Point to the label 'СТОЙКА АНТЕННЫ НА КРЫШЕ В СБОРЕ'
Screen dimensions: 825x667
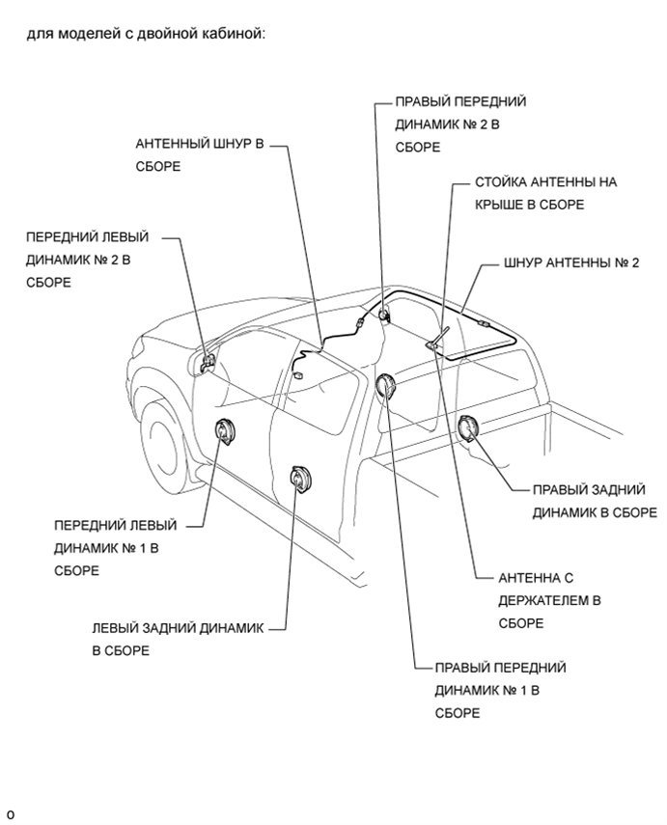click(x=545, y=193)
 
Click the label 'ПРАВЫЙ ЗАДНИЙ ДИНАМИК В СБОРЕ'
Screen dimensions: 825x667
click(x=588, y=501)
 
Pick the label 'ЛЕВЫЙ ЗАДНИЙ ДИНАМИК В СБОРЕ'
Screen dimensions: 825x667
click(x=178, y=639)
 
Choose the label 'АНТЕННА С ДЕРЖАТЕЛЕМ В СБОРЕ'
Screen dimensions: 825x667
click(x=550, y=600)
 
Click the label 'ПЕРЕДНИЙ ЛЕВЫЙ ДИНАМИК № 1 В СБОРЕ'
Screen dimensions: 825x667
click(x=116, y=548)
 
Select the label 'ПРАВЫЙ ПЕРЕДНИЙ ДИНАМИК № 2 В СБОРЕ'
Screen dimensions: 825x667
click(x=461, y=124)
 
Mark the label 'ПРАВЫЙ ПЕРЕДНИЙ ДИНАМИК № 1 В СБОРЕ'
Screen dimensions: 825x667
click(x=500, y=690)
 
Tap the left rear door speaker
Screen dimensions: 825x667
click(x=300, y=479)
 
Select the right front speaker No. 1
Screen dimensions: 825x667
click(x=385, y=388)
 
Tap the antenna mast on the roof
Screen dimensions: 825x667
click(x=439, y=336)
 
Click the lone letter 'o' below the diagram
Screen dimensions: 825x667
click(x=11, y=814)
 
